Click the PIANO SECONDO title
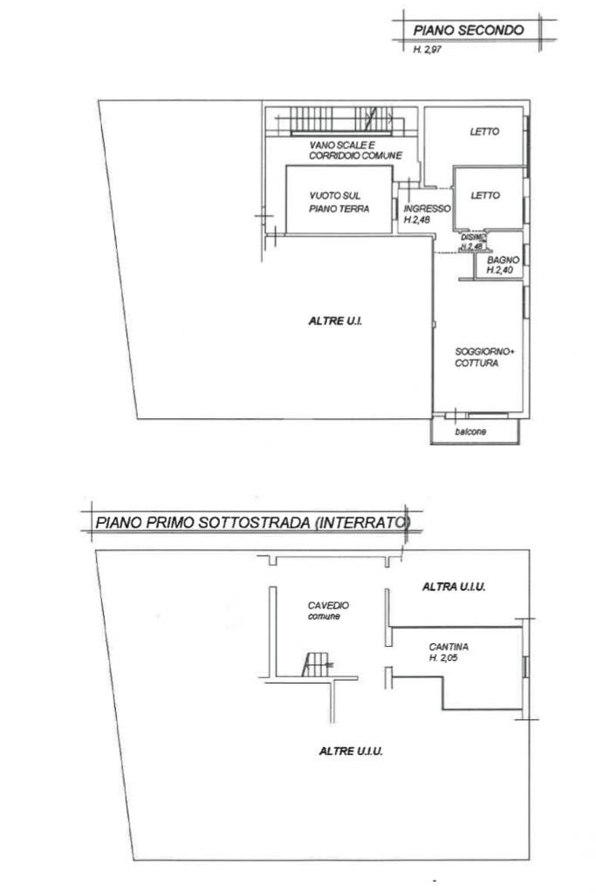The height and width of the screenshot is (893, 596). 469,30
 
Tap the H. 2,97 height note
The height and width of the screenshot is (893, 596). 428,51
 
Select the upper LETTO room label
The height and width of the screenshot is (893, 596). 484,133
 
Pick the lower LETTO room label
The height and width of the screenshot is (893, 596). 485,196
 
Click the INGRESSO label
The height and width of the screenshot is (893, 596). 427,210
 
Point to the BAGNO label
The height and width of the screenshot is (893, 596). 504,260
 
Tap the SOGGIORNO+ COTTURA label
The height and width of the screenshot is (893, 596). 484,358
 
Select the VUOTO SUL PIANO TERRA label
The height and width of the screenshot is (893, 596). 339,203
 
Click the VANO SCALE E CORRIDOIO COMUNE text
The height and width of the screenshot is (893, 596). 354,149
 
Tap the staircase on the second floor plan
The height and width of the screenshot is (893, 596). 337,120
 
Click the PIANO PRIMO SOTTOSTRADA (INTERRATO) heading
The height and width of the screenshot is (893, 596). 252,524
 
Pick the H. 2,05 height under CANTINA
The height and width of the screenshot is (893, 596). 445,659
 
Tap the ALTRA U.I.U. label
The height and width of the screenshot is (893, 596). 454,587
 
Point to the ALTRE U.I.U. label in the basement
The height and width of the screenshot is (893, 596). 353,750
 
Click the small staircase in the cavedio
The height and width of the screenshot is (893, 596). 313,664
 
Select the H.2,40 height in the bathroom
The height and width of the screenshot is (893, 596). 502,271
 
